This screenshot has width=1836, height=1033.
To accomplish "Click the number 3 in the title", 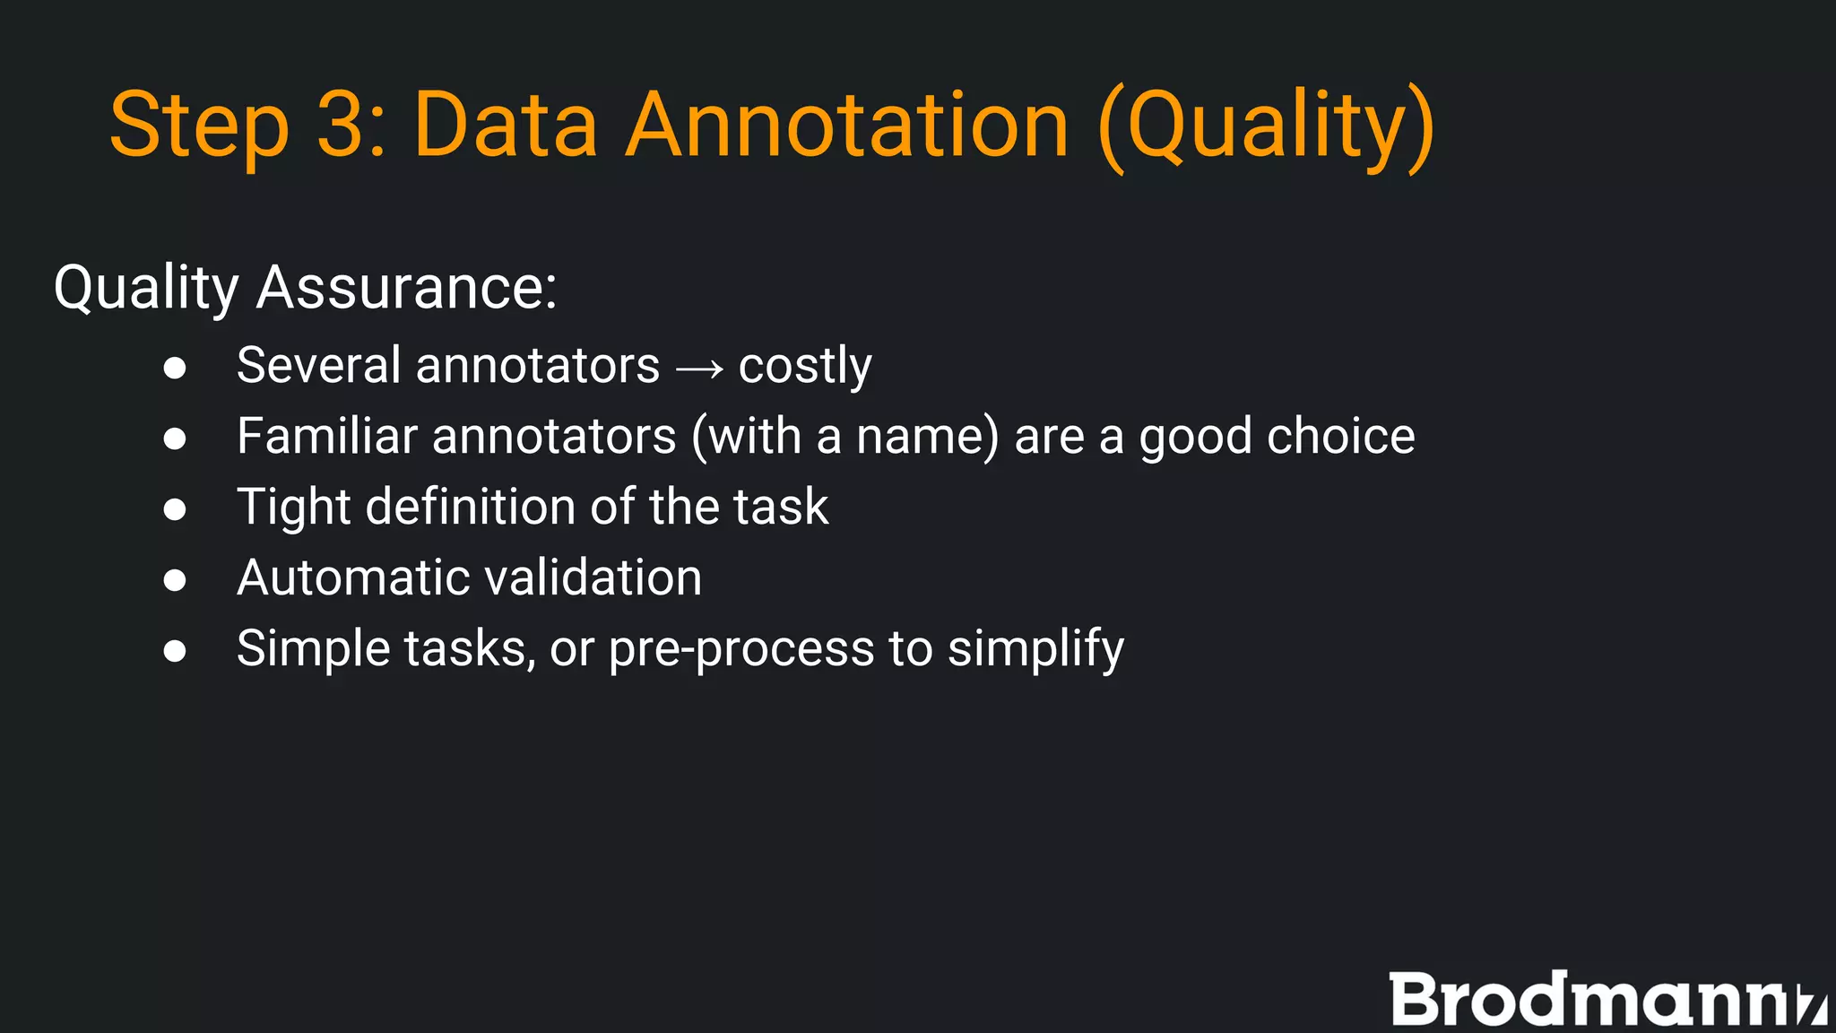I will point(339,126).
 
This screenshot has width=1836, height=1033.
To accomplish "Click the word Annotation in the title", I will point(846,126).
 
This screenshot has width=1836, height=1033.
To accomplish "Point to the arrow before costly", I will point(699,369).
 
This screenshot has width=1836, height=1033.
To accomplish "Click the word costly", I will point(804,367).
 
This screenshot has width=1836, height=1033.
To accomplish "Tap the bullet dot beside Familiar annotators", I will point(175,438).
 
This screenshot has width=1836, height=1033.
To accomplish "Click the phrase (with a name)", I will point(844,438).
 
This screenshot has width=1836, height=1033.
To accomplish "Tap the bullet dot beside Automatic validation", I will point(175,580).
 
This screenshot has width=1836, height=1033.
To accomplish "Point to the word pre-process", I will point(740,649).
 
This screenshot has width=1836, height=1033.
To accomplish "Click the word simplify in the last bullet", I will point(1035,649).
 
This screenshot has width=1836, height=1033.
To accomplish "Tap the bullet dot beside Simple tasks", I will point(175,651).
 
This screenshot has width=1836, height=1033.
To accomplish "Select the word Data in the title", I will point(505,126).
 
